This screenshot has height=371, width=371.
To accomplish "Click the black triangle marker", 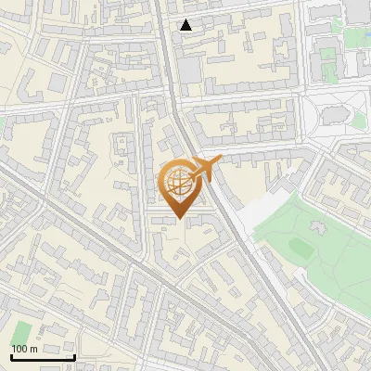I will click(x=186, y=25).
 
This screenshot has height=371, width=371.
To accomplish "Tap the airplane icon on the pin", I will click(x=206, y=168).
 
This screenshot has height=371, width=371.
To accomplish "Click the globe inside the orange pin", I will click(x=181, y=184).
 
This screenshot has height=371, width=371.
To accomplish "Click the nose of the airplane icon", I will click(x=220, y=160).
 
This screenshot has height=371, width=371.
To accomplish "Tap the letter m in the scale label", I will click(x=33, y=349).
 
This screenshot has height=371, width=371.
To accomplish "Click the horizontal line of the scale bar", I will click(x=43, y=357).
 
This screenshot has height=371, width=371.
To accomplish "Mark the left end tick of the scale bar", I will click(x=11, y=355).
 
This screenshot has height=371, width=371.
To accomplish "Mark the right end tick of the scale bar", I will click(x=74, y=355).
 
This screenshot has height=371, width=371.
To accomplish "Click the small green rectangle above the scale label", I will click(x=21, y=331).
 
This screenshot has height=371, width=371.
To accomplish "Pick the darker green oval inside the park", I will click(x=300, y=247).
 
